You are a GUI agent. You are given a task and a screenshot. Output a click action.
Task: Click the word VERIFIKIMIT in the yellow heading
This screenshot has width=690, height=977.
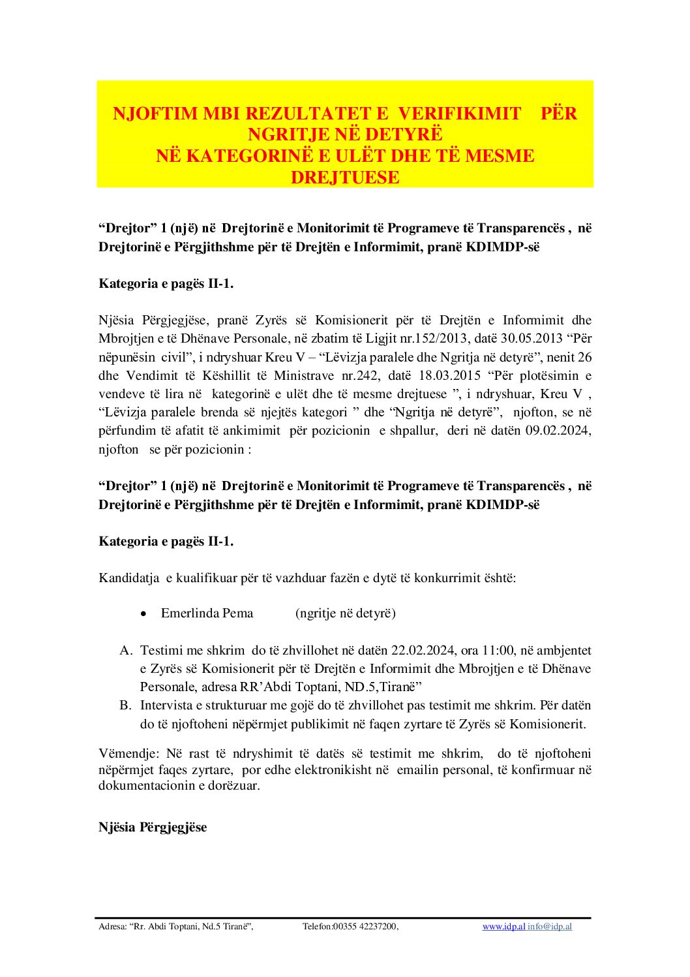[459, 114]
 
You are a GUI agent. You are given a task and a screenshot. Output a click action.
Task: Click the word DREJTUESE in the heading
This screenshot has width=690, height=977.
[345, 178]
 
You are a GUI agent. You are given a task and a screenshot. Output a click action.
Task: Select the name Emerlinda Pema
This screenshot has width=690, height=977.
[207, 613]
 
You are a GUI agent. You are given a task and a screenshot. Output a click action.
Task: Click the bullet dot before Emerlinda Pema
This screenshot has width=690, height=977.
[143, 614]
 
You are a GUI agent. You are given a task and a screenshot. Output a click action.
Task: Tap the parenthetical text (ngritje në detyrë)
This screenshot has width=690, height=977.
[346, 613]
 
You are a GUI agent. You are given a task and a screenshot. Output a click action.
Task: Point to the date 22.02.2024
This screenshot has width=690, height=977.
[423, 651]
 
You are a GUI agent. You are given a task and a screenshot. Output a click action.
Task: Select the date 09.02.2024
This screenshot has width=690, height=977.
[558, 431]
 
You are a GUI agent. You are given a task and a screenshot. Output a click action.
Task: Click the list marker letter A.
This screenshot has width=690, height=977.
[126, 651]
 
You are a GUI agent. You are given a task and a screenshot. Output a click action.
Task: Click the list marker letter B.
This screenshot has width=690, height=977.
[125, 706]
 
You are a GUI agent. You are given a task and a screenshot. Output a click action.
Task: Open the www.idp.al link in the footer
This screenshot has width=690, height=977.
[503, 927]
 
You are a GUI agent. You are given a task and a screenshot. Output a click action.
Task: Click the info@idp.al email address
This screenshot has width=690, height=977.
[550, 927]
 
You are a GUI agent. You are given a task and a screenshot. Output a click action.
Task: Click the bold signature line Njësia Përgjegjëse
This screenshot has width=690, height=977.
[153, 828]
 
